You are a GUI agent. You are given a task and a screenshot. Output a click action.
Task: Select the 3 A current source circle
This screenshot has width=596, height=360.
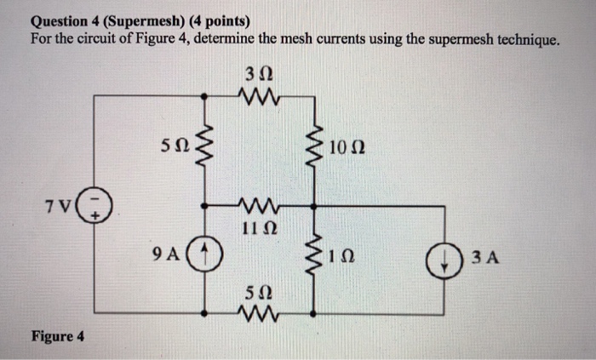click(x=444, y=254)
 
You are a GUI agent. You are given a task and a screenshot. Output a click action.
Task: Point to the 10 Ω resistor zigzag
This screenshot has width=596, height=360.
click(x=312, y=151)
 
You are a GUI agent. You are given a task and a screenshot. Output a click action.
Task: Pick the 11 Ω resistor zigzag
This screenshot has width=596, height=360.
click(x=259, y=206)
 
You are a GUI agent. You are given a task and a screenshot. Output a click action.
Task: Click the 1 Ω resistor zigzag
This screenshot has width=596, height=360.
click(x=312, y=254)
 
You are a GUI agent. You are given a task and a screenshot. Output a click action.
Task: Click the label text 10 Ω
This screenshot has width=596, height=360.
click(x=349, y=151)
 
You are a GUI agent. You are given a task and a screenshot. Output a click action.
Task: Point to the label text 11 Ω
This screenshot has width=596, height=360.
click(x=259, y=226)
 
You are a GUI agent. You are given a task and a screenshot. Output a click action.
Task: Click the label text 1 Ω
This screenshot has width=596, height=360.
click(x=346, y=254)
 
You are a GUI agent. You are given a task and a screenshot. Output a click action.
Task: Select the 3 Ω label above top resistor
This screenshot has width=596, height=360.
click(x=259, y=75)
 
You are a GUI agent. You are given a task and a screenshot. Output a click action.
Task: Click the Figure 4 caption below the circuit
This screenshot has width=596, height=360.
click(x=57, y=336)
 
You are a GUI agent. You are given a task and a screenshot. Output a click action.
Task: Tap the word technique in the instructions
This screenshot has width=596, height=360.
click(x=519, y=41)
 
